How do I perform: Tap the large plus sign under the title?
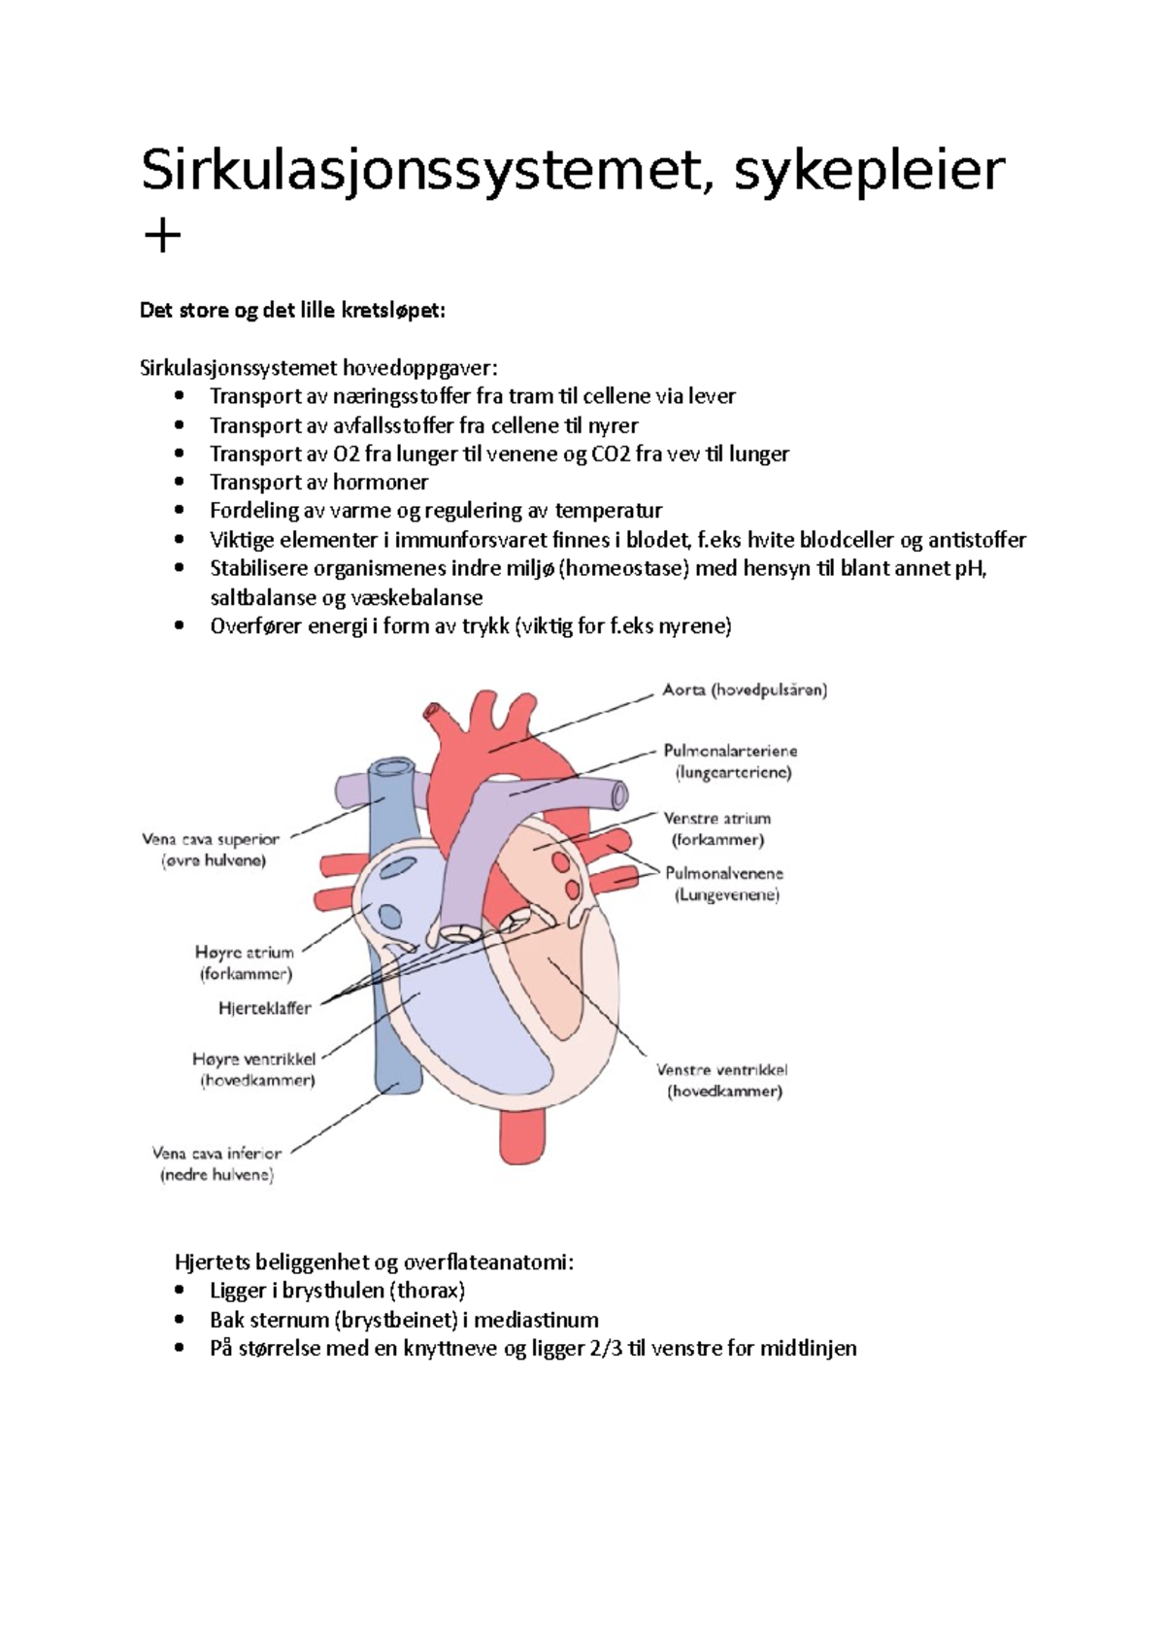coord(161,236)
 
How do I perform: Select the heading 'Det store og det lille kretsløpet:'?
coord(292,311)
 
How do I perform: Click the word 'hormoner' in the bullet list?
coord(381,483)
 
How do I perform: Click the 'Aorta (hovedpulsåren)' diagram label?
coord(745,690)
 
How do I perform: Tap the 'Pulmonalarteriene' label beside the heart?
coord(730,751)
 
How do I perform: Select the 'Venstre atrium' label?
coord(716,819)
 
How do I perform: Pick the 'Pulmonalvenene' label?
coord(724,873)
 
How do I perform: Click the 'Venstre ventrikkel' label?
coord(722,1070)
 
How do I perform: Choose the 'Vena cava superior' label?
coord(211,839)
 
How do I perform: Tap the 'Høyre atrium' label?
coord(245,953)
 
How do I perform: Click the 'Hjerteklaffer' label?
coord(265,1008)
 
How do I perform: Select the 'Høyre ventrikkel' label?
coord(254,1059)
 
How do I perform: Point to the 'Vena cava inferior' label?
coord(216,1154)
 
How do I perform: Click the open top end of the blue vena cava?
coord(393,770)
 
